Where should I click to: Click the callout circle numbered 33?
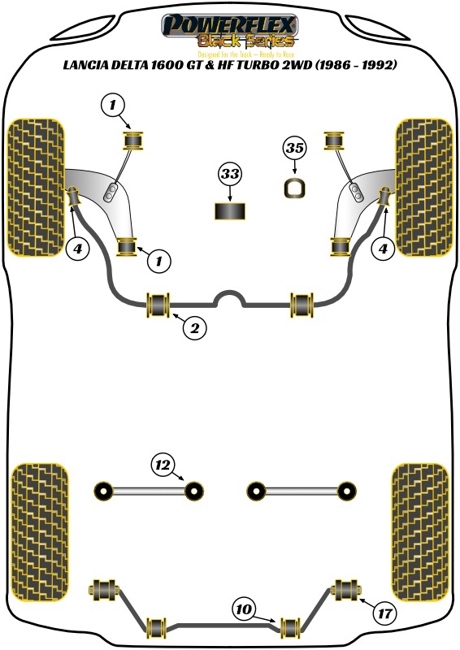point(230,175)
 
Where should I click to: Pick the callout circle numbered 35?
point(295,149)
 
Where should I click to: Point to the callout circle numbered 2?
point(194,328)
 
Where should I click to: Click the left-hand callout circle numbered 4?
point(78,249)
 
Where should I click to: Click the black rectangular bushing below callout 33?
point(230,212)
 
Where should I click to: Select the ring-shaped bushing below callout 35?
point(295,188)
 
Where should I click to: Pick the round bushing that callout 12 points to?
point(193,490)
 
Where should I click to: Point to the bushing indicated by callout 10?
point(290,628)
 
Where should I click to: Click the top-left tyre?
point(35,187)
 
